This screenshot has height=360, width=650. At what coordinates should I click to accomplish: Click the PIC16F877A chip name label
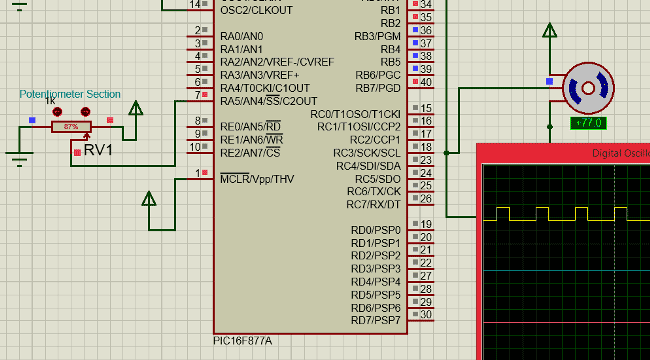tap(242, 341)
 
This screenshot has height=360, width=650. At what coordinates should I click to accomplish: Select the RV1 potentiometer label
tap(98, 150)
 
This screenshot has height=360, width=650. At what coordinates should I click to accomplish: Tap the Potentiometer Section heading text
tap(70, 94)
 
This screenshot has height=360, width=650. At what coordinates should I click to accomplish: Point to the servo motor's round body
tap(584, 89)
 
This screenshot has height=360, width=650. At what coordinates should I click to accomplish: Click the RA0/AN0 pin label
tap(241, 36)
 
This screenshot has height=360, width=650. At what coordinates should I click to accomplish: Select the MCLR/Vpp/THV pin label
tap(257, 179)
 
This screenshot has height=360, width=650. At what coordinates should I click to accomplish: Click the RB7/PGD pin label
tap(377, 88)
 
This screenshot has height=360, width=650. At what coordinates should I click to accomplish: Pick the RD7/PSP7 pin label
tap(375, 320)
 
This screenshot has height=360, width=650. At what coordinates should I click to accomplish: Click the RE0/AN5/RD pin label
tap(250, 127)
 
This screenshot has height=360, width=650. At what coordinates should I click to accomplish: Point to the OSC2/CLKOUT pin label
tap(256, 10)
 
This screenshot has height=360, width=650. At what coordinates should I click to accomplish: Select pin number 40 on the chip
tap(426, 81)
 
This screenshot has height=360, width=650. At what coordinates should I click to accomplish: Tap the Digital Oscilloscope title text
tap(620, 153)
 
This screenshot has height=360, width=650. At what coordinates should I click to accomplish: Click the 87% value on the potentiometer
tap(71, 127)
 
